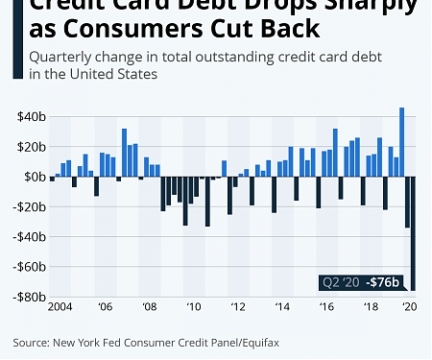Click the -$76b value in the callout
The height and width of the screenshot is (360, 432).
point(388,282)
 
